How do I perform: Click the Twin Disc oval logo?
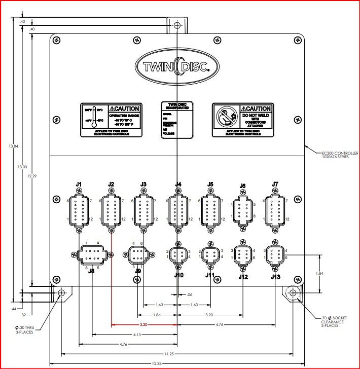pyautogui.click(x=177, y=67)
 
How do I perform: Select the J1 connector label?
pyautogui.click(x=79, y=184)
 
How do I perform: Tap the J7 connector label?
pyautogui.click(x=275, y=184)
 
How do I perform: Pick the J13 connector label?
pyautogui.click(x=275, y=276)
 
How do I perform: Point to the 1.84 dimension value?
pyautogui.click(x=319, y=274)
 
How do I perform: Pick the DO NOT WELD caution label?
pyautogui.click(x=241, y=120)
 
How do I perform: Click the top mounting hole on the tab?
pyautogui.click(x=176, y=25)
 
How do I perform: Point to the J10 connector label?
pyautogui.click(x=177, y=275)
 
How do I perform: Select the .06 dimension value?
pyautogui.click(x=190, y=294)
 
